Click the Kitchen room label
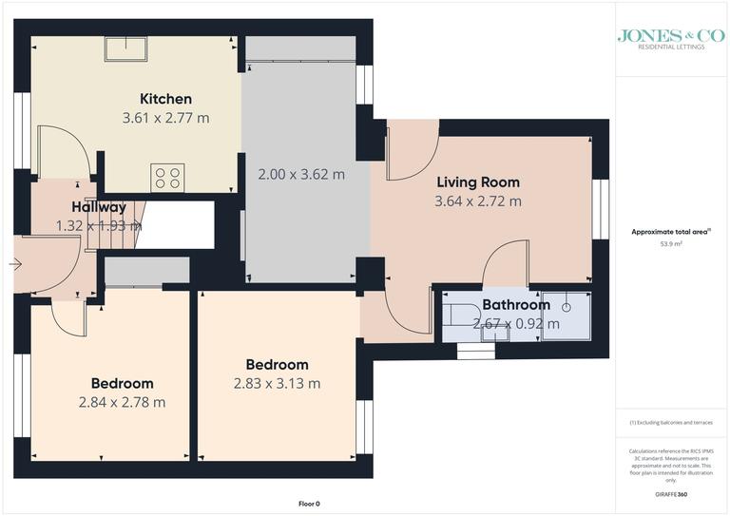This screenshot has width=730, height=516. click(x=165, y=99)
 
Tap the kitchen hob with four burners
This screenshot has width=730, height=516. click(x=168, y=177)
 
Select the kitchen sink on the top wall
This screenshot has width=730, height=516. click(x=125, y=49)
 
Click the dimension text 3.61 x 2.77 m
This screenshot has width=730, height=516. click(x=165, y=119)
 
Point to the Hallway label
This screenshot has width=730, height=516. click(x=98, y=207)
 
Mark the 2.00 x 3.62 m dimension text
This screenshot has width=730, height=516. click(x=301, y=175)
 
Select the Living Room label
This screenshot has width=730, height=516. click(x=478, y=182)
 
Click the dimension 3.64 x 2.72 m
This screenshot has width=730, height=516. click(x=478, y=201)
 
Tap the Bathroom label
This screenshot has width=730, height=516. click(x=515, y=305)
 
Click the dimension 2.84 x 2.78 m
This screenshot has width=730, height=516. click(x=123, y=402)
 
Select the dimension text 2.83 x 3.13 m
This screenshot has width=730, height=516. click(x=277, y=384)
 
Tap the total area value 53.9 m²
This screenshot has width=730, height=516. click(x=671, y=244)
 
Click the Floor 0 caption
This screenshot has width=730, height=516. click(x=309, y=503)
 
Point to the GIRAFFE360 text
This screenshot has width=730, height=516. click(x=670, y=495)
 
